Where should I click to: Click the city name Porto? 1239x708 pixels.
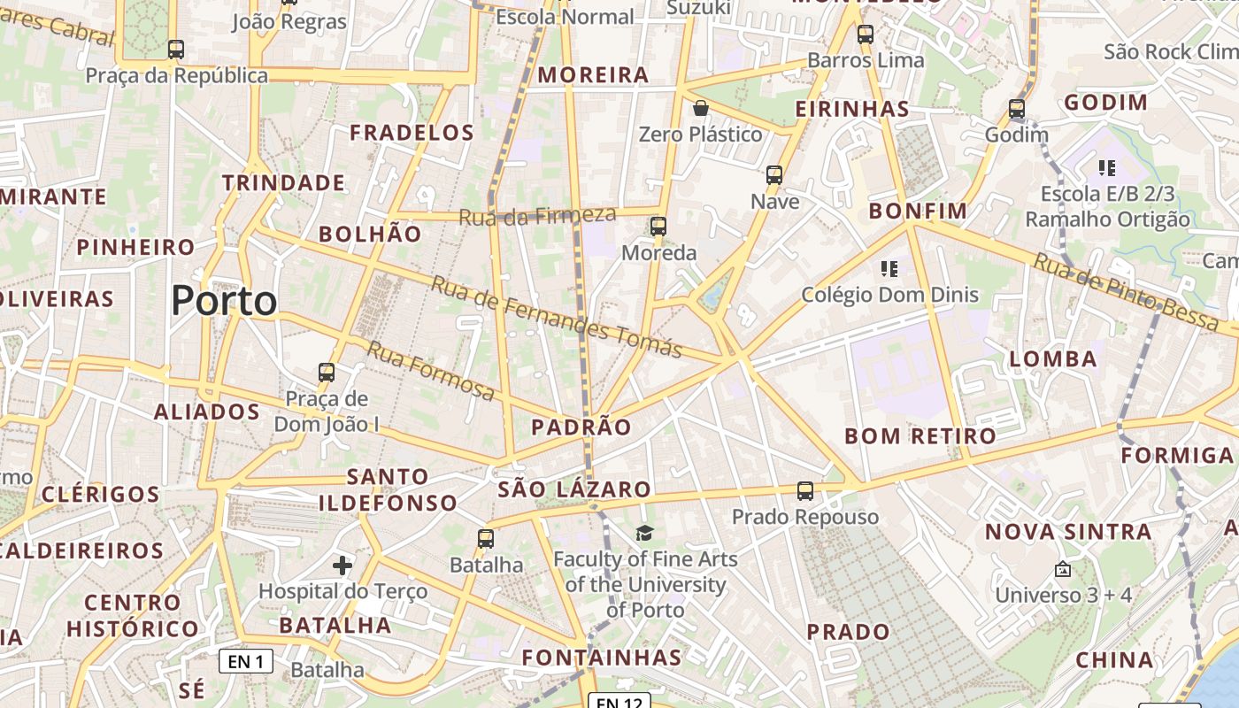pos(224,301)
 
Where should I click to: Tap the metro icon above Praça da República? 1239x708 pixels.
pos(176,50)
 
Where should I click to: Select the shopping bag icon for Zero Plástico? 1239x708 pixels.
pos(701,108)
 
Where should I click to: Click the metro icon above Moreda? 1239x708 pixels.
pos(658,226)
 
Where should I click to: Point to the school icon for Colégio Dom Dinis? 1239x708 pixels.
pos(889,268)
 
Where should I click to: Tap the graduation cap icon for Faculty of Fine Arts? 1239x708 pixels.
pos(645,533)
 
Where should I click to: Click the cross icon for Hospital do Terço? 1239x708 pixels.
pos(342,565)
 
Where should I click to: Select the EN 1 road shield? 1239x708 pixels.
pos(246,661)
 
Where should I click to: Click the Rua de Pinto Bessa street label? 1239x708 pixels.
pos(1126,292)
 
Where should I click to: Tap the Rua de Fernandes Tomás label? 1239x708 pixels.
pos(557,316)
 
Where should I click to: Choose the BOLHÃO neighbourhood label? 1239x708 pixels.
pos(370,234)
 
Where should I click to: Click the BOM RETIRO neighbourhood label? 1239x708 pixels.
pos(920,435)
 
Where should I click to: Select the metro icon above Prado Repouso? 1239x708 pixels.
pos(805,490)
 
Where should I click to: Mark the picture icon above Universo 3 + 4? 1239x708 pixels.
pos(1063,569)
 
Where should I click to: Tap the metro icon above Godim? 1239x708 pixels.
pos(1017,109)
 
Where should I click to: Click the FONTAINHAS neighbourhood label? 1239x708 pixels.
pos(602,658)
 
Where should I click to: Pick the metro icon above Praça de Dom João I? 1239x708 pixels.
pos(327,373)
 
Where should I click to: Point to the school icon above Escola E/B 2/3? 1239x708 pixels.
pos(1106,167)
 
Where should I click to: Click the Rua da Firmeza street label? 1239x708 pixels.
pos(537,215)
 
